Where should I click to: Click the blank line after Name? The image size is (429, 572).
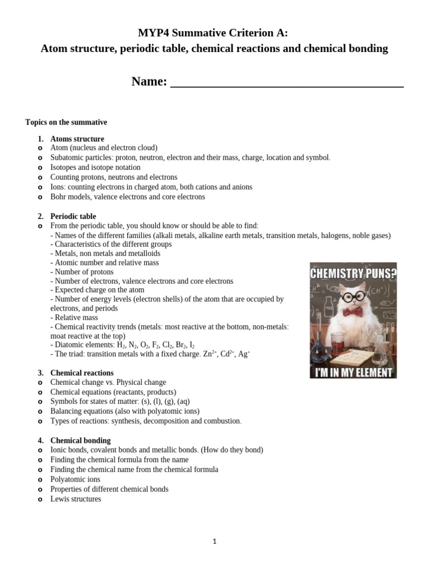(x=286, y=82)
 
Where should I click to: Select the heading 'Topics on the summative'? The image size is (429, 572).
(x=66, y=122)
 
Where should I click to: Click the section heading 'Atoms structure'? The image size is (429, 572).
(x=77, y=139)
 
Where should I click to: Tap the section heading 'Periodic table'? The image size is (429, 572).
(x=73, y=216)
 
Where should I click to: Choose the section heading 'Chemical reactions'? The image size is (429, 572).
(x=82, y=373)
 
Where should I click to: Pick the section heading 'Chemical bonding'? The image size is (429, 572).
(x=80, y=440)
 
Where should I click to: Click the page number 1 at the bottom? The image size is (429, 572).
(x=214, y=541)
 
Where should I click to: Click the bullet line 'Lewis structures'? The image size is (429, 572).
(x=75, y=499)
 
